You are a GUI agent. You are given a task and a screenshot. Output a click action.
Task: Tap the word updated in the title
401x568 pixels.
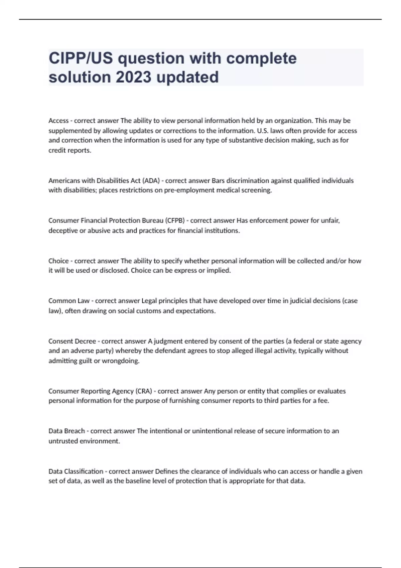point(187,77)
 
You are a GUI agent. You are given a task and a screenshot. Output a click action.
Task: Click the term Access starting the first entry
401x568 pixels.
point(58,121)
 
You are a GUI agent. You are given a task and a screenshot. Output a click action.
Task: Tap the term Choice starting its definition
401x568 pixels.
point(58,261)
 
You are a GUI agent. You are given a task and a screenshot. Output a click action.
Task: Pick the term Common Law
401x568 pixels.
point(69,301)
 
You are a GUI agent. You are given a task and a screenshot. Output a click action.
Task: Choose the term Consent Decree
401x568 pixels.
point(72,341)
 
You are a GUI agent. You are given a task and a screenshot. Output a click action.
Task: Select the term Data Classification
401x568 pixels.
point(76,471)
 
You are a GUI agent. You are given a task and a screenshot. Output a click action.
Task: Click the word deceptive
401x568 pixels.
point(63,231)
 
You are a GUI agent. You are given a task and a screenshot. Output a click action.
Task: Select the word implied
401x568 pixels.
point(219,271)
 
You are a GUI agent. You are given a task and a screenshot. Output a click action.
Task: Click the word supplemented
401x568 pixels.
point(69,131)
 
